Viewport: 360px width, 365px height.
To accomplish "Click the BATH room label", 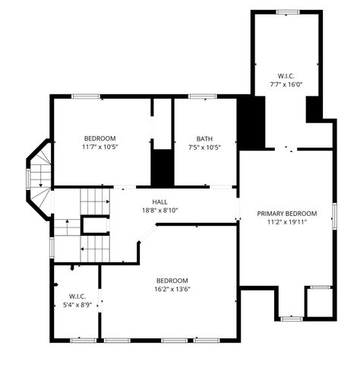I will (x=204, y=138).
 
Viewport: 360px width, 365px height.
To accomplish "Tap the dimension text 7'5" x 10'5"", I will (x=204, y=148).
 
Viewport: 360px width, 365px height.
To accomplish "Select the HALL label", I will (x=159, y=202).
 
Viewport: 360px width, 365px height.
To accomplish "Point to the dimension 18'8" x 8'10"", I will (x=159, y=211).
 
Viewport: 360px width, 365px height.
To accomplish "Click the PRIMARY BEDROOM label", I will (x=286, y=214).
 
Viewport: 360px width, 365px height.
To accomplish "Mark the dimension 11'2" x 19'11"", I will (x=286, y=223).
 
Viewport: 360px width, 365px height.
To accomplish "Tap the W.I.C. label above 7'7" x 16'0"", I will (x=286, y=75).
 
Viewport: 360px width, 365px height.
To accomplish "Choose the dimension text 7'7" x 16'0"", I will (x=286, y=84).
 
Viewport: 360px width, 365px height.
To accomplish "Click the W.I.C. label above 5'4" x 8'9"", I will (x=77, y=296).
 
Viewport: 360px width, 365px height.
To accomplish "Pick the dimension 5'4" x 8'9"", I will (x=77, y=305).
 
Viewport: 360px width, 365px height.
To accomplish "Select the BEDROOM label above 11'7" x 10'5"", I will (x=99, y=138).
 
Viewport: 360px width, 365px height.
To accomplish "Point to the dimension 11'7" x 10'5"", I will (x=99, y=148).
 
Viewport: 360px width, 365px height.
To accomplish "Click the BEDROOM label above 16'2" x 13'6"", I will (x=172, y=280).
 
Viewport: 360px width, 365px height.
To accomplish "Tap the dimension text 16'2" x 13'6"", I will (x=172, y=289).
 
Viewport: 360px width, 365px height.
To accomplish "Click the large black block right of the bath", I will (x=251, y=123).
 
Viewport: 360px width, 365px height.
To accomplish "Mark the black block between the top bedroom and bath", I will (x=162, y=167).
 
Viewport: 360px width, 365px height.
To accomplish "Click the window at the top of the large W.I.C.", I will (x=286, y=11).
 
